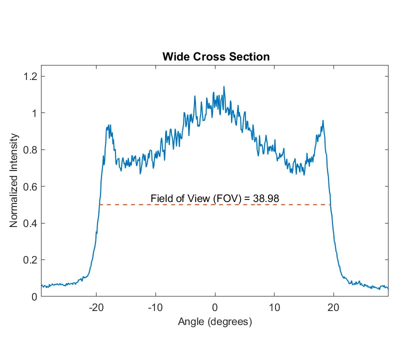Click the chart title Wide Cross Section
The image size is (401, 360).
pos(216,57)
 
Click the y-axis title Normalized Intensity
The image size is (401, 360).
pos(14,180)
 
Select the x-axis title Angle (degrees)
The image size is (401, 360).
pos(215,322)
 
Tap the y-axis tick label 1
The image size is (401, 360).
pos(34,113)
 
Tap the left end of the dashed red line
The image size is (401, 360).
pos(100,204)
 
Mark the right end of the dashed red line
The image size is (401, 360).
pos(330,204)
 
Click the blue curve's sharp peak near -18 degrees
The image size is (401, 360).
pos(108,126)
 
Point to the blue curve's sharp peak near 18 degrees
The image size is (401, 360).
pos(323,120)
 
